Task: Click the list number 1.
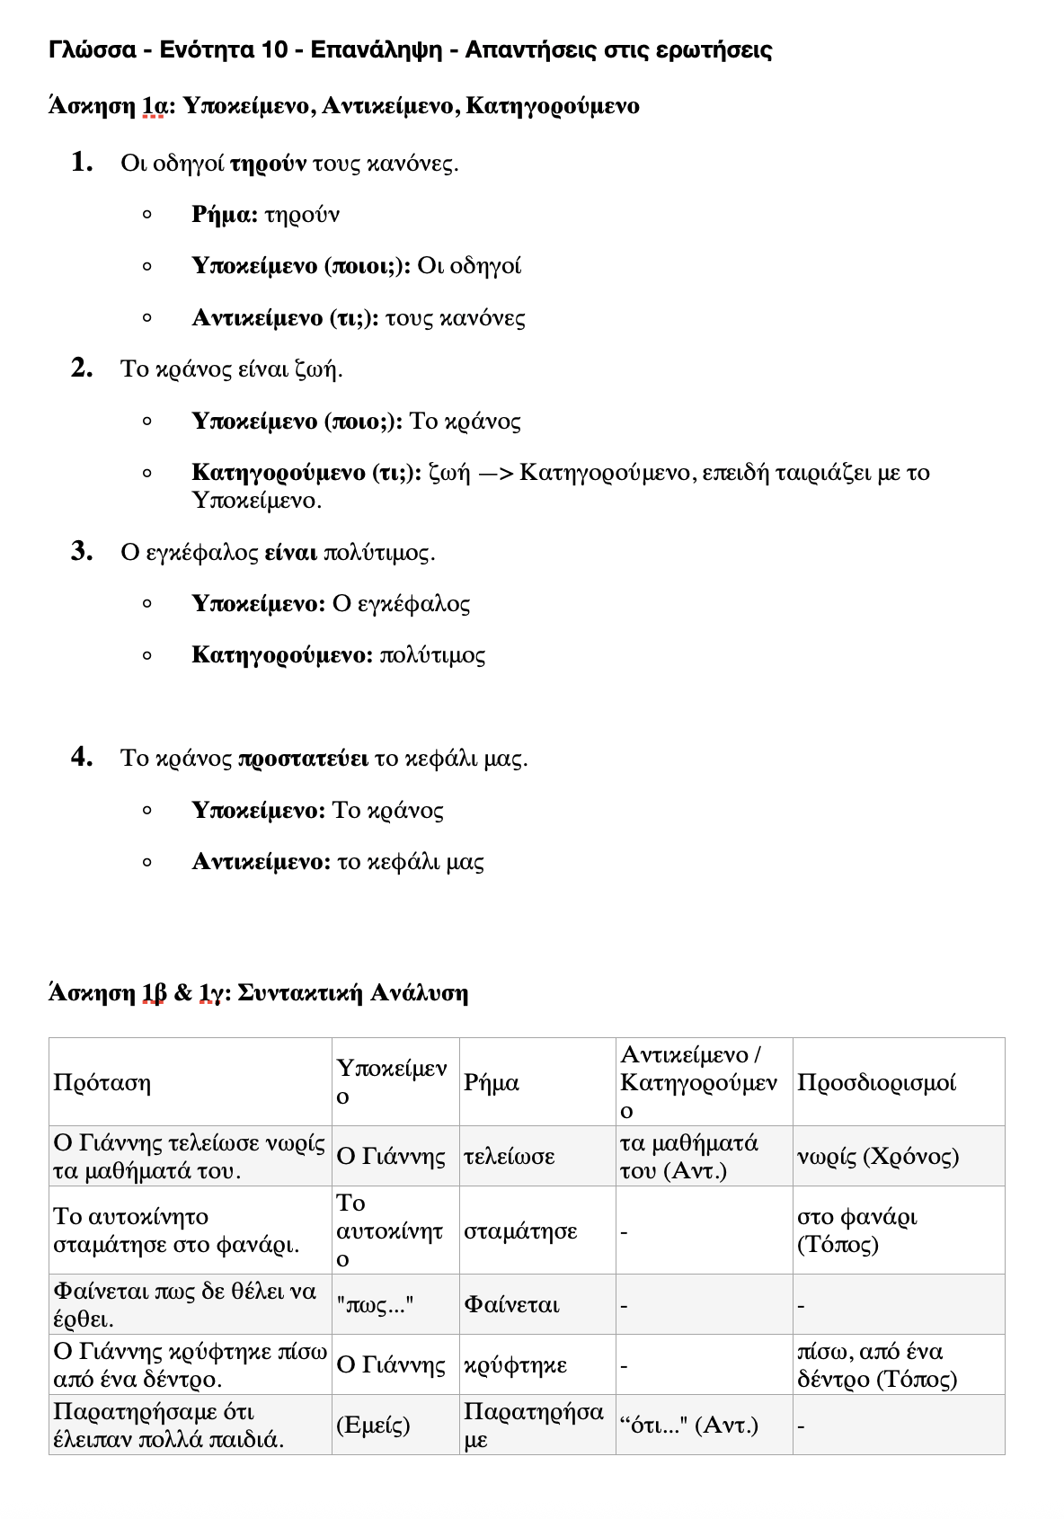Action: [81, 163]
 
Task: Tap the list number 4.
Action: [81, 758]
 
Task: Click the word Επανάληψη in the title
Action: [377, 49]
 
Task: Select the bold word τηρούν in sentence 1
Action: [268, 164]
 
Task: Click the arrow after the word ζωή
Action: [495, 473]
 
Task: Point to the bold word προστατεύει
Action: [303, 759]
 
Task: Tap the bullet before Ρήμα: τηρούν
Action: [147, 215]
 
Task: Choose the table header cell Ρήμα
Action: [492, 1082]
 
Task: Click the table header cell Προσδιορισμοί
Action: [876, 1082]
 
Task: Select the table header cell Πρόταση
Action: [102, 1082]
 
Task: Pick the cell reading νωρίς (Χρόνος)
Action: [877, 1156]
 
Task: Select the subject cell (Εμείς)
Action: [373, 1425]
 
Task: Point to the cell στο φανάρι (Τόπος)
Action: [856, 1230]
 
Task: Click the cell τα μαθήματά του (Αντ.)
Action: [688, 1156]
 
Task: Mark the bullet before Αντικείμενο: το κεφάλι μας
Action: [147, 862]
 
